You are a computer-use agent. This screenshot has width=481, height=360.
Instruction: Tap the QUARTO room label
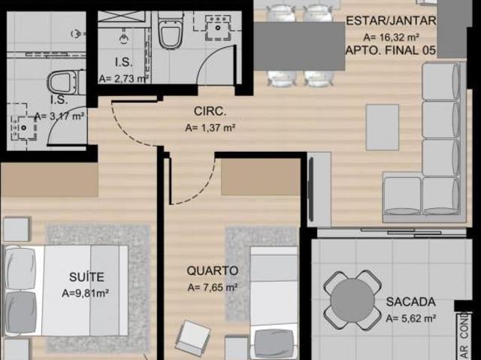point(213,270)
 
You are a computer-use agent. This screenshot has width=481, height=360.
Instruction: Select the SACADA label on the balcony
point(410,301)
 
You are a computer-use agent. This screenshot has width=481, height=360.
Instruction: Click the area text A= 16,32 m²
point(390,36)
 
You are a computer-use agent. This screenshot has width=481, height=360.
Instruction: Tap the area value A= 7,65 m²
point(213,286)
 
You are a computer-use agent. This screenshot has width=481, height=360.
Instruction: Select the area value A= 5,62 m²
point(411,318)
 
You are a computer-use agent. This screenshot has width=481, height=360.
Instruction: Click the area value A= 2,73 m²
point(123,77)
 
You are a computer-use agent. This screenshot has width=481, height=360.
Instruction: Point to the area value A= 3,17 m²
point(59,116)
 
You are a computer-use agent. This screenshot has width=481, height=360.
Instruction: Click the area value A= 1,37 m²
point(211,128)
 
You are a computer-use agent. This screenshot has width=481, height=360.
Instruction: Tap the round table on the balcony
point(352,299)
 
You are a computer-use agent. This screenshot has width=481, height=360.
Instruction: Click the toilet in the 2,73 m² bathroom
point(170,32)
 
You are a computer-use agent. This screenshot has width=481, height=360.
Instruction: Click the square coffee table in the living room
point(383,127)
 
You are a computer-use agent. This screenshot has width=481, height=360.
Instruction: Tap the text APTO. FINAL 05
point(390,50)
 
